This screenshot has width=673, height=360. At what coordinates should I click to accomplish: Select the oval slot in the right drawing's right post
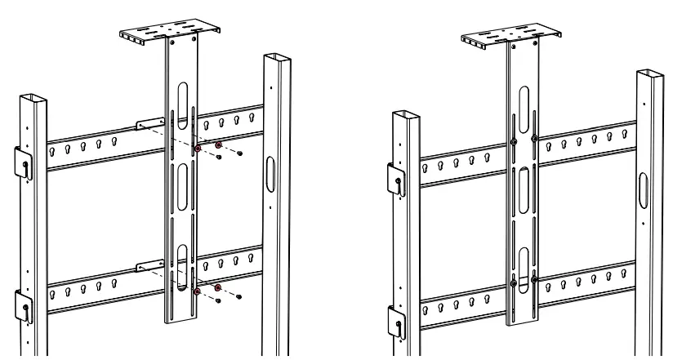pos(643,187)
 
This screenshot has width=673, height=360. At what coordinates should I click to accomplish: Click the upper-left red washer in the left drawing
pos(198,149)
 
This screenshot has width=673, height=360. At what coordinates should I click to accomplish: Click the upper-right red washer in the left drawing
pos(218,144)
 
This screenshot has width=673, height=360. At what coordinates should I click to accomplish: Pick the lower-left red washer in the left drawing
pos(198,290)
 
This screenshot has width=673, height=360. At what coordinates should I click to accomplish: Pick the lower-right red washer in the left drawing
pos(218,287)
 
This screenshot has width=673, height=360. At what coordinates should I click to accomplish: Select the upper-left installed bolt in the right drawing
pos(512,142)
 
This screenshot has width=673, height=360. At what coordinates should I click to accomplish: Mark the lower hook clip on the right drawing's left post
pos(394,322)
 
